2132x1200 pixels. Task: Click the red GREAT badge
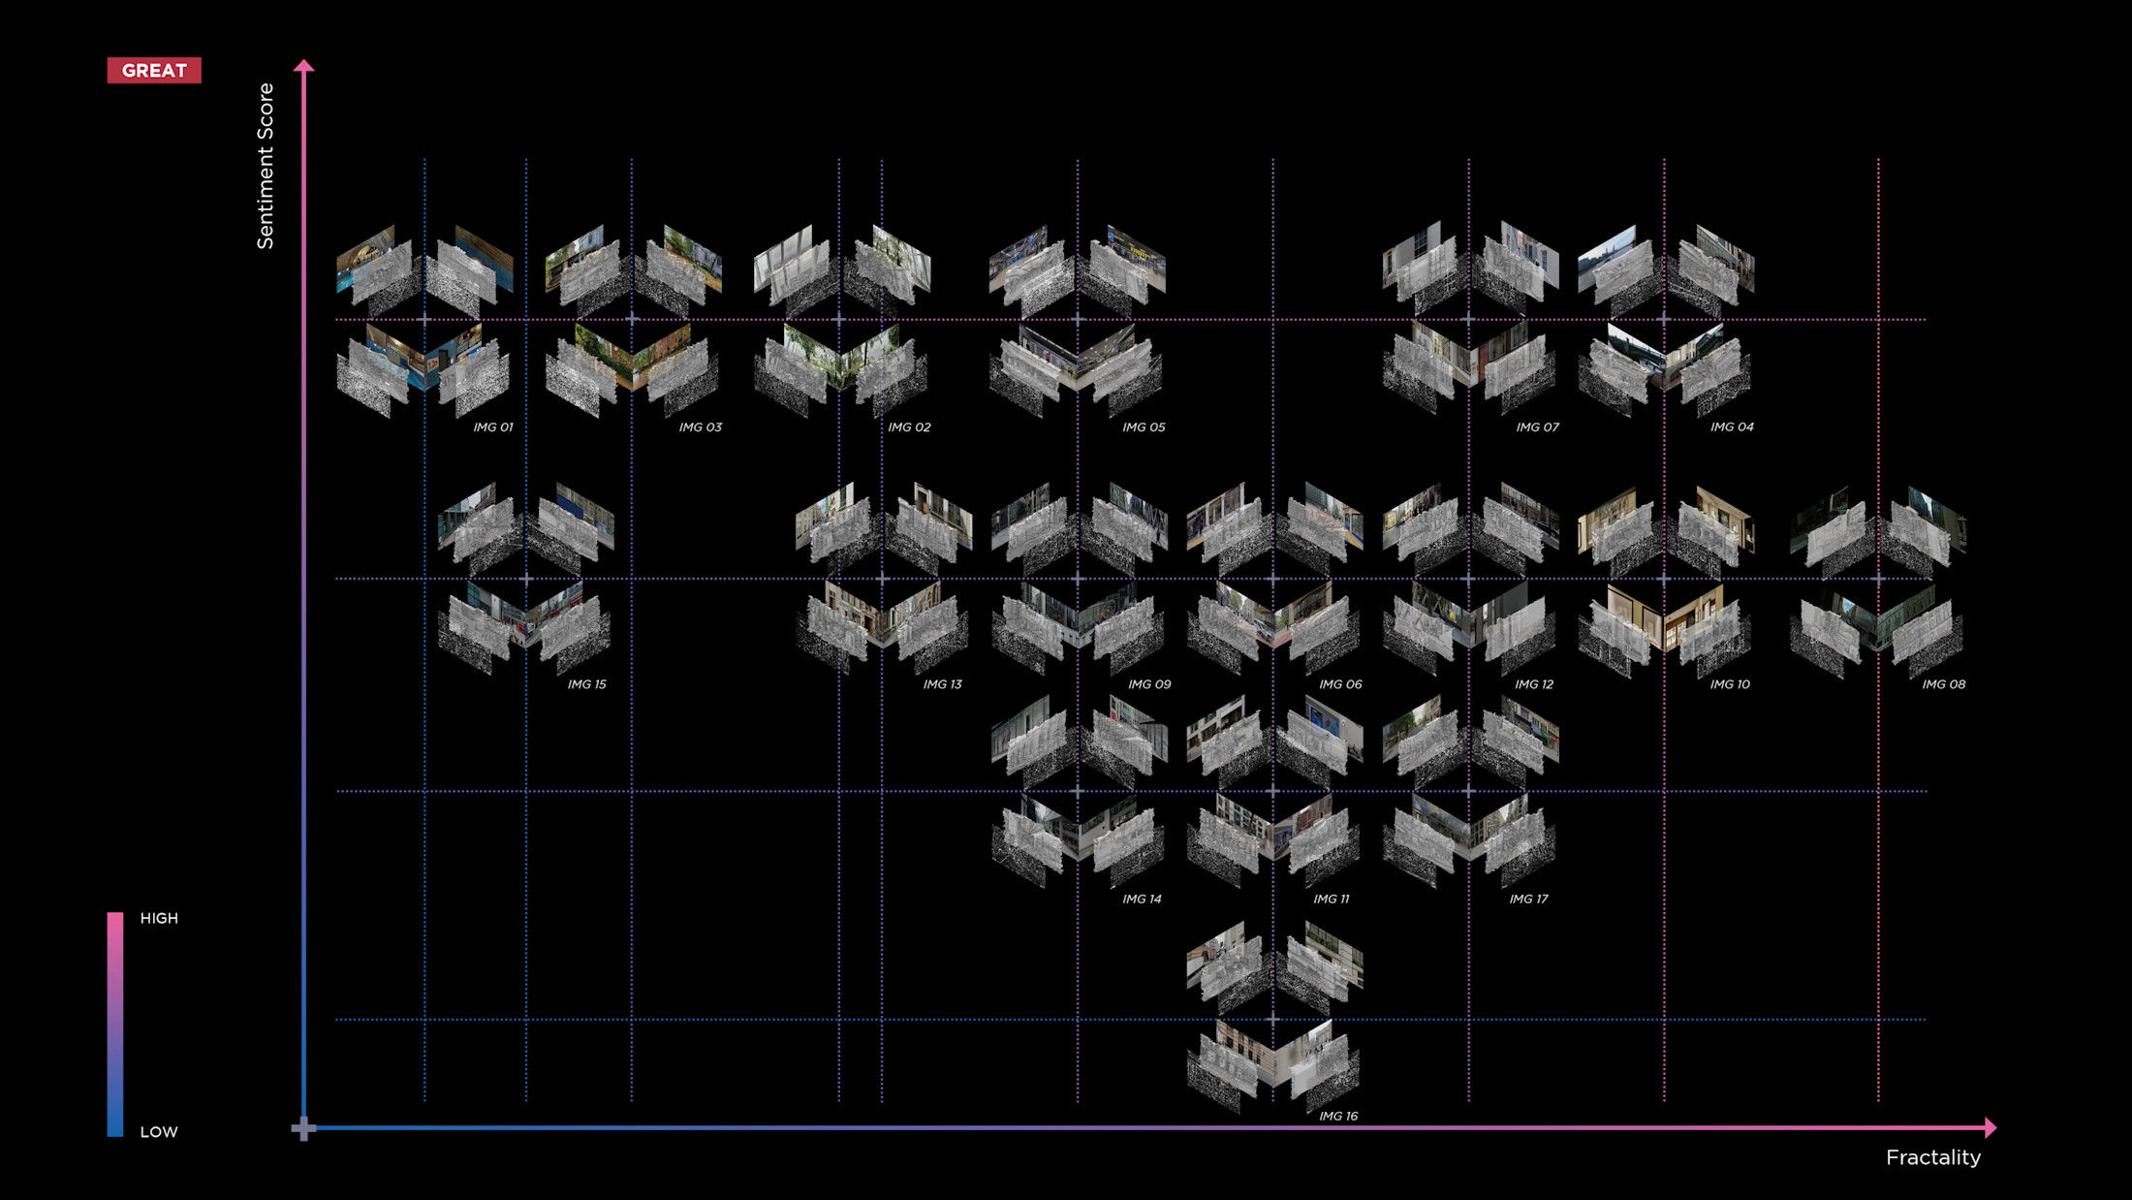[x=154, y=71]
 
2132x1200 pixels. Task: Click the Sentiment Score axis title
[x=266, y=166]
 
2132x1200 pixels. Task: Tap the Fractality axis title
[x=1932, y=1157]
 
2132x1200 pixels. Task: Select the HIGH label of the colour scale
[x=159, y=918]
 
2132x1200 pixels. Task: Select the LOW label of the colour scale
[x=159, y=1131]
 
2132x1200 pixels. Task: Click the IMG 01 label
[x=492, y=427]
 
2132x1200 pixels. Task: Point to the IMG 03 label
[x=700, y=427]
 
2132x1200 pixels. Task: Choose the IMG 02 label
[x=909, y=427]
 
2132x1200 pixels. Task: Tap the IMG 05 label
[x=1144, y=427]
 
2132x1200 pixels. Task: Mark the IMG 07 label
[x=1537, y=427]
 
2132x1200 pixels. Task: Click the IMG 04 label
[x=1732, y=427]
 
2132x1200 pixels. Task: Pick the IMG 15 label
[x=586, y=684]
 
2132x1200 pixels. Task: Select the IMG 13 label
[x=942, y=684]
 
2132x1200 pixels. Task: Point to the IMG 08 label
[x=1943, y=684]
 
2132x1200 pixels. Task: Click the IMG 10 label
[x=1730, y=684]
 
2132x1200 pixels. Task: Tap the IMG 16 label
[x=1338, y=1117]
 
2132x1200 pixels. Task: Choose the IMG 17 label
[x=1528, y=900]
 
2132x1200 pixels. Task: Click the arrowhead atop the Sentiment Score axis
[x=304, y=66]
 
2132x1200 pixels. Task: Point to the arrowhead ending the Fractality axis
[x=1991, y=1127]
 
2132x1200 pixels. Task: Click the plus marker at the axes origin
[x=303, y=1128]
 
